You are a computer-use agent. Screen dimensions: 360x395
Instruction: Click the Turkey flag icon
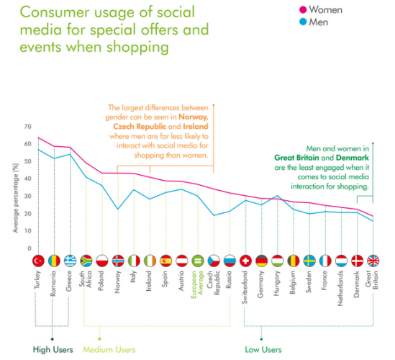(38, 260)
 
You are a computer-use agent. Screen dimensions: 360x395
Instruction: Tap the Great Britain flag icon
(373, 260)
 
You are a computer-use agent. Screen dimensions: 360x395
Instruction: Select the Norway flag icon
(117, 260)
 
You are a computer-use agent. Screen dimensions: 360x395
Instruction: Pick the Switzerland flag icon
(245, 260)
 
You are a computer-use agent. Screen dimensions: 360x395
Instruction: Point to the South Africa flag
(85, 260)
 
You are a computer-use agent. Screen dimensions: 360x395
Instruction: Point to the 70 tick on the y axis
(28, 127)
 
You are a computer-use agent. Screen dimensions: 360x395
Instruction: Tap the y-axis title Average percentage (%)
(12, 187)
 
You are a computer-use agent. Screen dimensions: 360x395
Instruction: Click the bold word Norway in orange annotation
(197, 117)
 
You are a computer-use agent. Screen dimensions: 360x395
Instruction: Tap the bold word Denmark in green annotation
(349, 157)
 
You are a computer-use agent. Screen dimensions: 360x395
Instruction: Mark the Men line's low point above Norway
(117, 210)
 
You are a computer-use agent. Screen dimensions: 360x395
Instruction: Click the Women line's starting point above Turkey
(38, 138)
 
